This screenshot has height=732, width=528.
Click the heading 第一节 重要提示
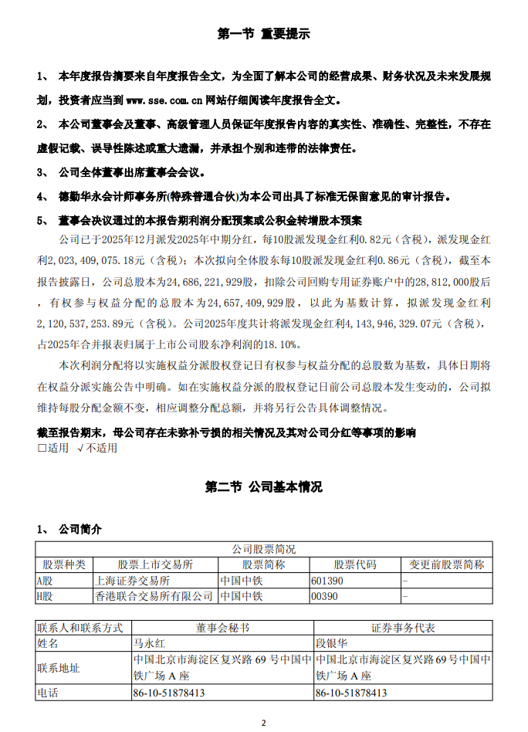click(x=263, y=34)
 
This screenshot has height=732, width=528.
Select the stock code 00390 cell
click(x=324, y=597)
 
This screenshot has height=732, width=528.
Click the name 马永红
click(x=150, y=642)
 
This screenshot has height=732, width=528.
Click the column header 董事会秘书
click(x=222, y=627)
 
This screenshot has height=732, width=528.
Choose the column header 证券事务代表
click(x=403, y=627)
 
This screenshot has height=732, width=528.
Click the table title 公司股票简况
click(x=263, y=549)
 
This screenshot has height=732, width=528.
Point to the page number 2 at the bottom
click(x=263, y=723)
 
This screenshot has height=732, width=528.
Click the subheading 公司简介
click(x=80, y=529)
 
